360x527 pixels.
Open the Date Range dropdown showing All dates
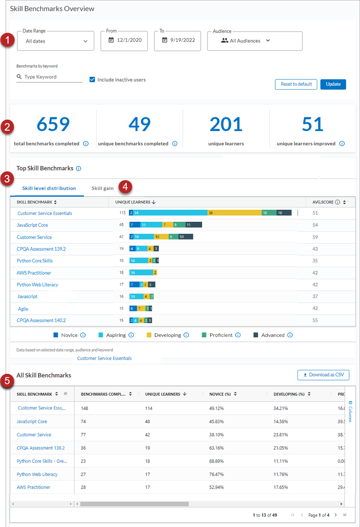pyautogui.click(x=55, y=41)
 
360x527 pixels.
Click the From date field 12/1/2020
pyautogui.click(x=124, y=40)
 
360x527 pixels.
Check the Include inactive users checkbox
pyautogui.click(x=92, y=80)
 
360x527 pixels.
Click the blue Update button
pyautogui.click(x=333, y=84)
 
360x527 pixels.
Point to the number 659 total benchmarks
pyautogui.click(x=53, y=124)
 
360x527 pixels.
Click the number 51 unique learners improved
pyautogui.click(x=312, y=124)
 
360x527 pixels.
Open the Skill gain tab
pyautogui.click(x=103, y=188)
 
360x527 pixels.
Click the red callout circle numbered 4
pyautogui.click(x=126, y=187)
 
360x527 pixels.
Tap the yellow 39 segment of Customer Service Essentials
pyautogui.click(x=234, y=213)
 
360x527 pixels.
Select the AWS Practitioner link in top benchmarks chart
pyautogui.click(x=34, y=273)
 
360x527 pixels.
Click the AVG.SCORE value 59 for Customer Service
pyautogui.click(x=316, y=237)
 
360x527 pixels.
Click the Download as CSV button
pyautogui.click(x=323, y=375)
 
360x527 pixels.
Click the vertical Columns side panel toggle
pyautogui.click(x=350, y=411)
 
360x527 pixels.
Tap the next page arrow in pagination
pyautogui.click(x=335, y=515)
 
